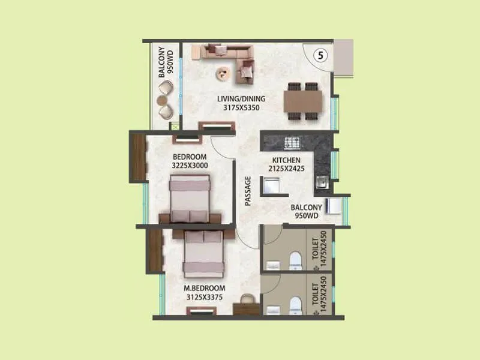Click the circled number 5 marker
click(322, 55)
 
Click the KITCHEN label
click(287, 160)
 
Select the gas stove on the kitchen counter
click(292, 143)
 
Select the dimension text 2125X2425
click(287, 169)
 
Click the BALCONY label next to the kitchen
click(307, 208)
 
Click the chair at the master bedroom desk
click(248, 298)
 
